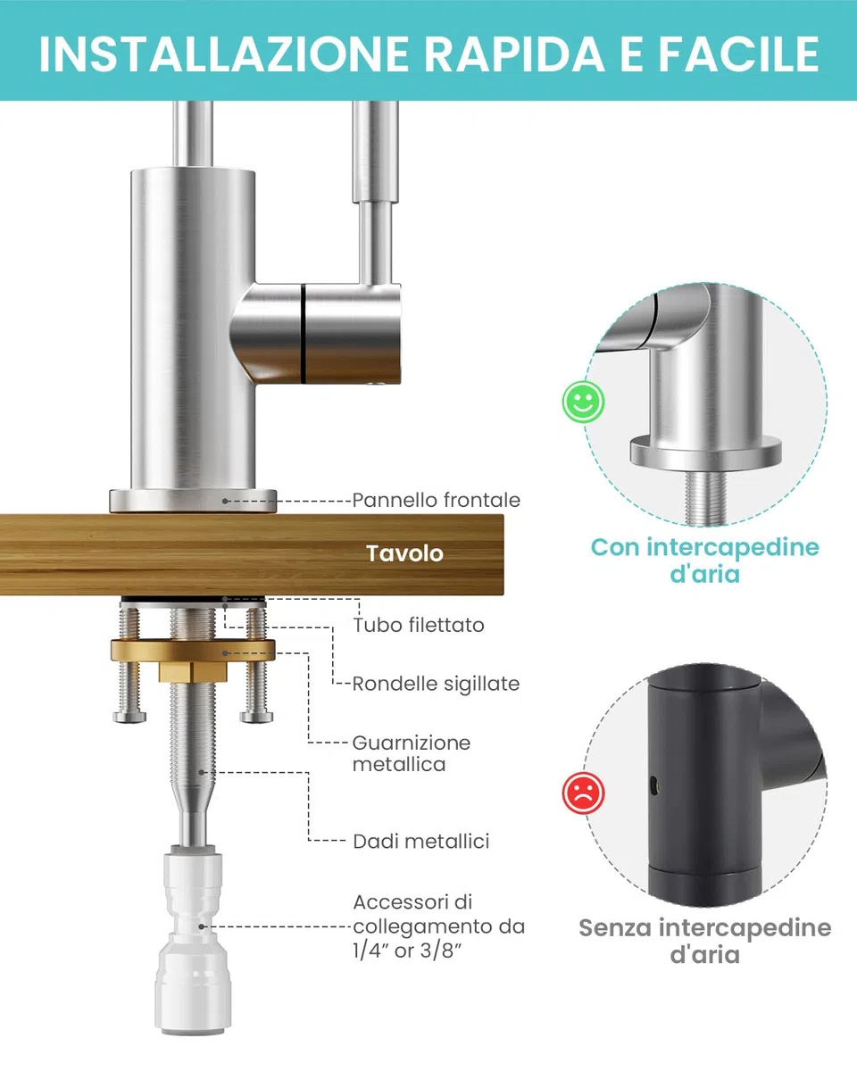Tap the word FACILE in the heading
[x=738, y=54]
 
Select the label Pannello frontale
[x=437, y=500]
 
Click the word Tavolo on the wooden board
[x=404, y=553]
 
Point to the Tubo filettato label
[x=419, y=625]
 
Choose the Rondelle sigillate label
[x=436, y=684]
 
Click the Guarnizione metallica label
[x=412, y=753]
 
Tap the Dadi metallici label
[x=420, y=842]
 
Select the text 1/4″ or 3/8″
[x=407, y=950]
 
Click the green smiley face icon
[x=583, y=402]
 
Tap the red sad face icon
[x=583, y=793]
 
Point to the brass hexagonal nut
[x=193, y=672]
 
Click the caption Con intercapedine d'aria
[x=704, y=560]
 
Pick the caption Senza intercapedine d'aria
[x=704, y=941]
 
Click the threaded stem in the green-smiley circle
[x=704, y=498]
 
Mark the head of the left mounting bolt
[x=129, y=718]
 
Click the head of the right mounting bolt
[x=256, y=718]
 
